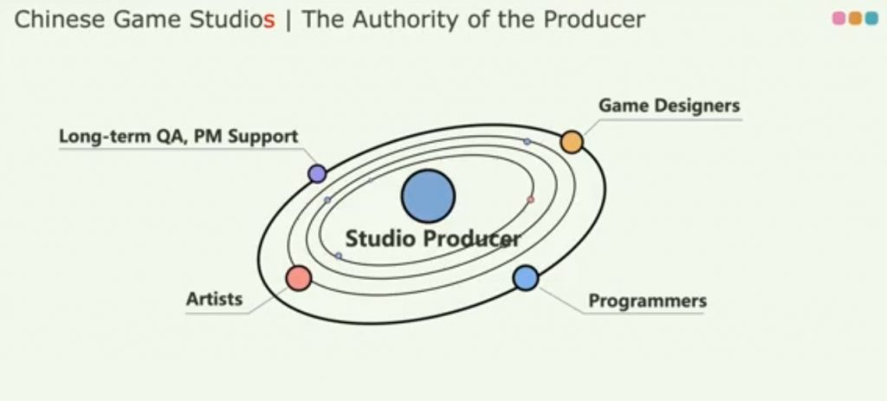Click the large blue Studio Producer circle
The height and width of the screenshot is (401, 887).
tap(428, 196)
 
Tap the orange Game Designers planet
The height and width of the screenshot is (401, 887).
tap(572, 142)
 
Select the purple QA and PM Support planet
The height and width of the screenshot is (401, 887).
tap(317, 173)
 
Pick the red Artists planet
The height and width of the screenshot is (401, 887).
tap(299, 278)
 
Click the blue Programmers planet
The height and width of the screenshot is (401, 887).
tap(526, 278)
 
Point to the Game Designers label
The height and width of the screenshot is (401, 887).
tap(670, 106)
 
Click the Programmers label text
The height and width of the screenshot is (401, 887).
tap(648, 301)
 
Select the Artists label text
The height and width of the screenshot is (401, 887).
tap(215, 299)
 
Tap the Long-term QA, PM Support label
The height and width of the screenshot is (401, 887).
tap(178, 137)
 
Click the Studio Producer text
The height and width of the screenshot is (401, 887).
tap(433, 239)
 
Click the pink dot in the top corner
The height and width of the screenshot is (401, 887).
tap(838, 19)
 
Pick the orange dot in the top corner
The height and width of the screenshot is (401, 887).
tap(855, 19)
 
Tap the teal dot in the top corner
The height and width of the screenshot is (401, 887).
tap(871, 19)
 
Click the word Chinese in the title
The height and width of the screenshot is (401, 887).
tap(60, 20)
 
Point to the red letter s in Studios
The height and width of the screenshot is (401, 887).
tap(269, 22)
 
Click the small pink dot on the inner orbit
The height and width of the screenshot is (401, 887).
tap(530, 200)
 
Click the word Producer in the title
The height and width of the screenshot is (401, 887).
tap(594, 21)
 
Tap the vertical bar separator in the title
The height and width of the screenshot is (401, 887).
tap(289, 21)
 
